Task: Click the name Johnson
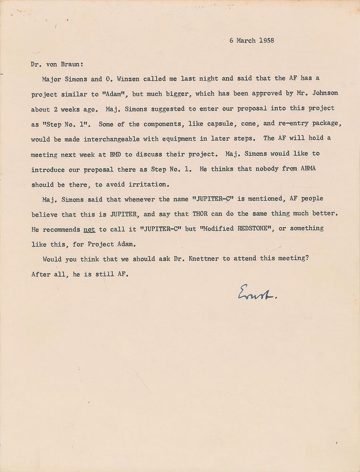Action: (324, 93)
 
